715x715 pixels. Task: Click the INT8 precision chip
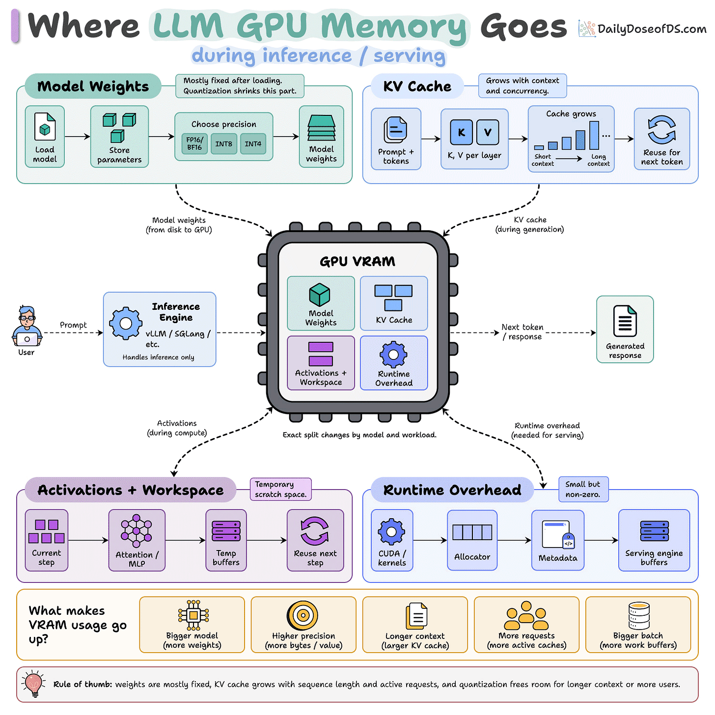223,143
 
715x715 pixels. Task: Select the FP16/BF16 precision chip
194,143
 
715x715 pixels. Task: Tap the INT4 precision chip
253,143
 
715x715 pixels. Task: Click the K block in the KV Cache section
461,132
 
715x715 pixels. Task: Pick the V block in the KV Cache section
488,132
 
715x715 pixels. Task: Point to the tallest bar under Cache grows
594,135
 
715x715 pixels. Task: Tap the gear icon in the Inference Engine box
125,323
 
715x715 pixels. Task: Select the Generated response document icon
625,321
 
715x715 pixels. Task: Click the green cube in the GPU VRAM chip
319,295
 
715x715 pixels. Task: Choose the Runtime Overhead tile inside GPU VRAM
394,363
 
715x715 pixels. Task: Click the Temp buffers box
226,540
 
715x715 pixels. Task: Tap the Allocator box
472,540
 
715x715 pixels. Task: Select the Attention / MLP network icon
136,531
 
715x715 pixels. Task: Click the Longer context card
415,625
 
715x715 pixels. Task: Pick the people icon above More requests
526,616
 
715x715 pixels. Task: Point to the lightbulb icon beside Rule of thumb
33,684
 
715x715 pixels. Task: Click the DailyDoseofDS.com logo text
652,29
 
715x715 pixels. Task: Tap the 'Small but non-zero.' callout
583,489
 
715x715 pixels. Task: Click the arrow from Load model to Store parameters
78,137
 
